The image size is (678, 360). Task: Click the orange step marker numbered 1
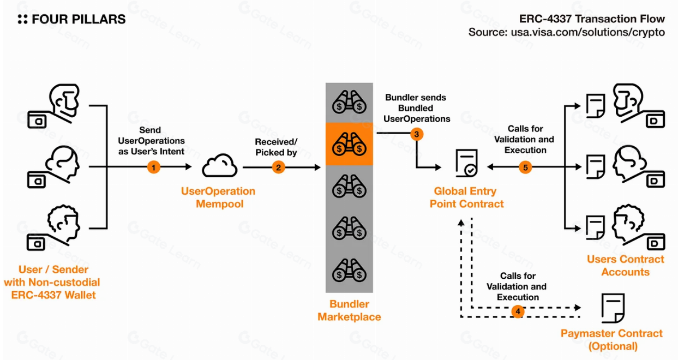click(x=154, y=167)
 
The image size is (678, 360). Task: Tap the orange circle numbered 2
click(x=279, y=167)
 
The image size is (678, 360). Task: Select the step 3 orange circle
click(x=417, y=133)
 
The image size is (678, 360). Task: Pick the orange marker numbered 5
click(x=526, y=167)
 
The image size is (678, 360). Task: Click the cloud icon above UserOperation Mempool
click(x=219, y=166)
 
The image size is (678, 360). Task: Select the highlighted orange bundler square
click(x=349, y=144)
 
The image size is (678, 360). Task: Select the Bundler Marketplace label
click(x=349, y=310)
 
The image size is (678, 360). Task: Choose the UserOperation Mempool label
click(x=218, y=197)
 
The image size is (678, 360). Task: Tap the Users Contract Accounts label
click(x=626, y=266)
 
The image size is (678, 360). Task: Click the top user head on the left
click(x=64, y=100)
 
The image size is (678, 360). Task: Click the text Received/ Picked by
click(x=276, y=147)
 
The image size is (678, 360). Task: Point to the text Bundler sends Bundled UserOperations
click(x=416, y=108)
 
